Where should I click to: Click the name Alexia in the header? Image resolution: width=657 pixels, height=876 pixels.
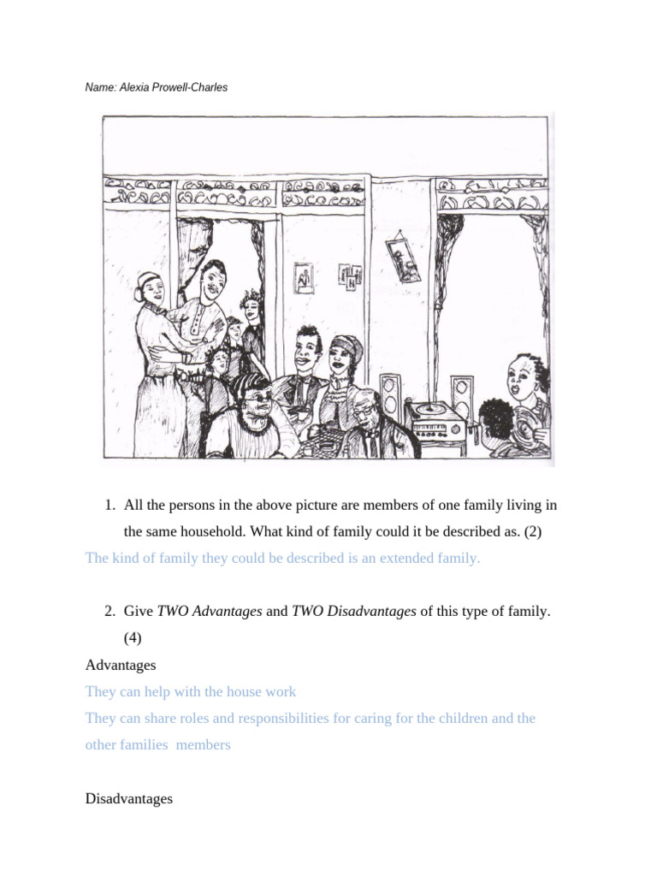pyautogui.click(x=136, y=87)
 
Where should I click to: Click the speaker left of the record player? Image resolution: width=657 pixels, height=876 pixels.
pyautogui.click(x=390, y=397)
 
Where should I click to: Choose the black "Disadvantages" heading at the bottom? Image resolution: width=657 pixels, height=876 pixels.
pyautogui.click(x=129, y=799)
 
